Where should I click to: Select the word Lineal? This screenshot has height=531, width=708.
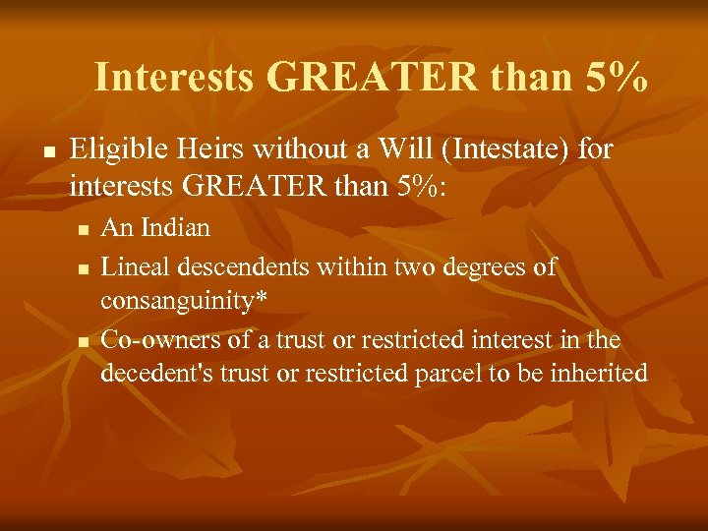(x=132, y=266)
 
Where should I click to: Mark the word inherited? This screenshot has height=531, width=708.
(x=601, y=374)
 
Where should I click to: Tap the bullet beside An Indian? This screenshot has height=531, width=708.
(x=84, y=230)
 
